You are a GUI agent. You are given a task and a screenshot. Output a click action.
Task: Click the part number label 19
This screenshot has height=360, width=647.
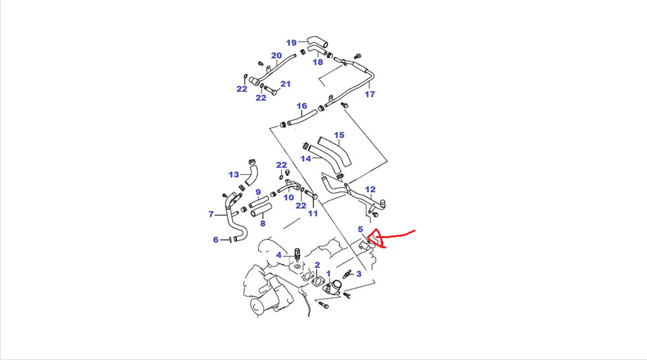click(291, 43)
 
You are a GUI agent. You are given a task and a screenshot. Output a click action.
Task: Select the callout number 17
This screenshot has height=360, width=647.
click(370, 95)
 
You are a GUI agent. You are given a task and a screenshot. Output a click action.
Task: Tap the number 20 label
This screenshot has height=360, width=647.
click(276, 55)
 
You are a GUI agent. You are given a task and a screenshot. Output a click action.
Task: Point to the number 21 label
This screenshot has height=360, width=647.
click(286, 84)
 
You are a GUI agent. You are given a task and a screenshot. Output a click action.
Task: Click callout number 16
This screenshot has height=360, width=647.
click(301, 106)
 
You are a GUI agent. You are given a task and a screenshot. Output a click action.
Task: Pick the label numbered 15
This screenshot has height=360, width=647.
click(339, 135)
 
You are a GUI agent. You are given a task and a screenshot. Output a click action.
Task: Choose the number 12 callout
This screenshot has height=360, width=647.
click(370, 189)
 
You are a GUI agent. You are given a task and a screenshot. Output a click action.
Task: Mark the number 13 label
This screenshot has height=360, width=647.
click(234, 174)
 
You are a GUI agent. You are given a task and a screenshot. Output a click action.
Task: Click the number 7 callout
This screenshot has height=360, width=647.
click(211, 215)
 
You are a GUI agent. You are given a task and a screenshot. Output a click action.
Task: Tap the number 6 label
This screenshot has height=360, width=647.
click(215, 240)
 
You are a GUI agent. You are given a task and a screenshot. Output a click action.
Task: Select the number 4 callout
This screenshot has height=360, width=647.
click(279, 255)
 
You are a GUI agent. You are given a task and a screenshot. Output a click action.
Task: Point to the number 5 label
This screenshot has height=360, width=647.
click(360, 229)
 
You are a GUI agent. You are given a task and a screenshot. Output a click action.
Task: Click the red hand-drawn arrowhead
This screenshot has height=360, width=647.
click(375, 238)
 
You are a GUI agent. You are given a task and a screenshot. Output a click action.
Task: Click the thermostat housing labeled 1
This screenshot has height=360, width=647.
click(333, 289)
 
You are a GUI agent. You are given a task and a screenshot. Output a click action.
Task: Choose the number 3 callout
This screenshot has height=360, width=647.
click(358, 273)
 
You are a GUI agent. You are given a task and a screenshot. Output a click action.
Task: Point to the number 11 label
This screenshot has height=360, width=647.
click(312, 214)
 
